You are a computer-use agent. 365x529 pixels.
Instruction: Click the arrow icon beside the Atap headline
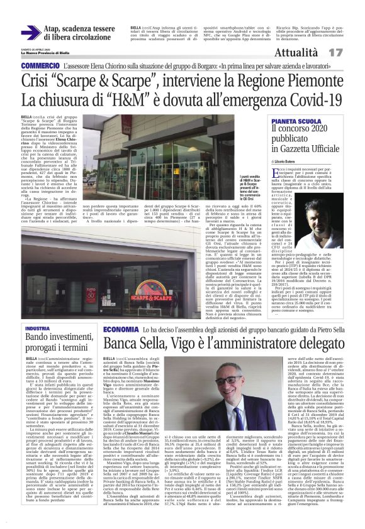point(29,32)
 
